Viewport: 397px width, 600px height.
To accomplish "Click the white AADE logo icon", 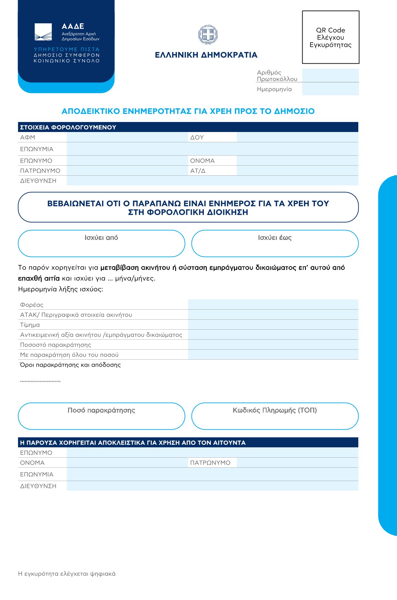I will [43, 32].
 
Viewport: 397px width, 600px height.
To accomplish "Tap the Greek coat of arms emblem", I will [208, 34].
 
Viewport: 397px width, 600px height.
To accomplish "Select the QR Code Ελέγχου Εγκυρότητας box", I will [330, 37].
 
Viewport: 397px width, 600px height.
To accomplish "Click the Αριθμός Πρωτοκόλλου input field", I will [330, 75].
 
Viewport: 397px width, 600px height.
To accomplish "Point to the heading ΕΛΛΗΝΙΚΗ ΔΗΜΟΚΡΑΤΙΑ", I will [206, 55].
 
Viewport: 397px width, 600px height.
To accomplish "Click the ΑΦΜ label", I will [28, 137].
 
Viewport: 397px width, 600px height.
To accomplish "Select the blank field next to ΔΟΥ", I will [297, 137].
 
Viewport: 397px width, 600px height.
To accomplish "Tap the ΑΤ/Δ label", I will [198, 171].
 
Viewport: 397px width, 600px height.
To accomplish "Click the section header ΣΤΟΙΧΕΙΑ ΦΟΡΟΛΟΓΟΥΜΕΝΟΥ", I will [68, 127].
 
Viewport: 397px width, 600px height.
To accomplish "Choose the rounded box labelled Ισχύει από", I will [101, 244].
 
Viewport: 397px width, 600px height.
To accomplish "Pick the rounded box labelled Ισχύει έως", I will [275, 244].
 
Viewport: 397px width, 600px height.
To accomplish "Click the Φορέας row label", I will [32, 305].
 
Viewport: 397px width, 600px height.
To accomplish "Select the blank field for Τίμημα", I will [273, 325].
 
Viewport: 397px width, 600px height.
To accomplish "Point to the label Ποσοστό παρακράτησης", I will [55, 345].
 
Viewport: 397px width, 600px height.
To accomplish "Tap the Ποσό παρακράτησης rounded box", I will [101, 416].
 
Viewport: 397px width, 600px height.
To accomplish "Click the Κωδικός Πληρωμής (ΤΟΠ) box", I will [275, 416].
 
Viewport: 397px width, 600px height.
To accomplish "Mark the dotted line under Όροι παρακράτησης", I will [40, 381].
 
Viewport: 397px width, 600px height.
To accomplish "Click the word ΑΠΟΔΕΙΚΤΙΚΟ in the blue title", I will [91, 111].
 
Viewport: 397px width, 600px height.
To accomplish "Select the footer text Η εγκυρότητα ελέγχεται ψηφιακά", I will [67, 574].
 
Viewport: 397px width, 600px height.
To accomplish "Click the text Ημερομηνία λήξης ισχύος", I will [60, 289].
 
